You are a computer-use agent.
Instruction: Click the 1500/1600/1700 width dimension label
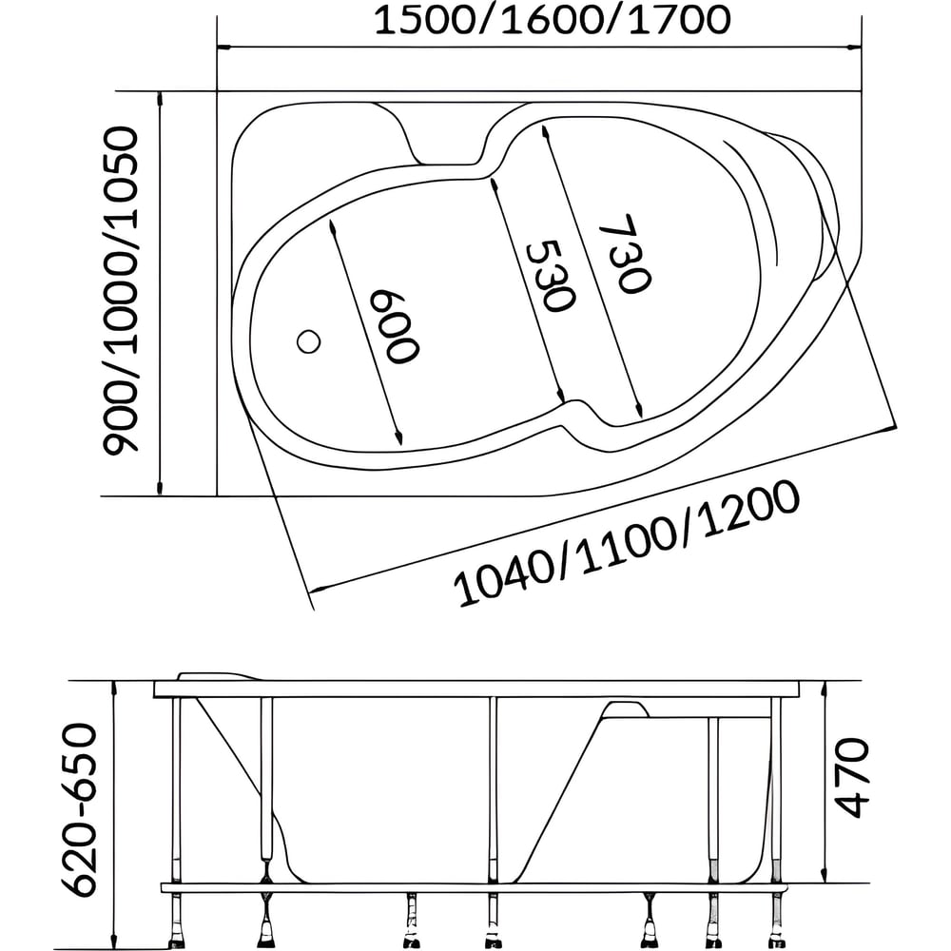pos(552,21)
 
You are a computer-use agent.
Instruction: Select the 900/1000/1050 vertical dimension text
pos(122,290)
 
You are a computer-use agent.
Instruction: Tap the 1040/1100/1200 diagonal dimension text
pos(626,543)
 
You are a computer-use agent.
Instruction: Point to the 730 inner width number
pos(625,254)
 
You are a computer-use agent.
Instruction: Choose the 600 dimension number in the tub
pos(395,327)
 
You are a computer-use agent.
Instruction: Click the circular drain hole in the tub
pos(309,342)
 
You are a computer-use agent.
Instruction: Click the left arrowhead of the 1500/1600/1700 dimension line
pos(223,47)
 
